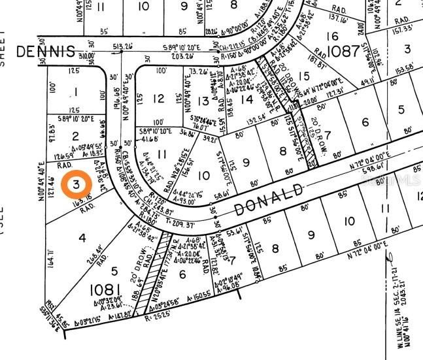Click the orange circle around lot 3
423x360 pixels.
[76, 184]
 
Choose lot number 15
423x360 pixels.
[303, 76]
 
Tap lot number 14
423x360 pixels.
[246, 99]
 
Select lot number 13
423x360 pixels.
[203, 101]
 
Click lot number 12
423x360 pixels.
[158, 99]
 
